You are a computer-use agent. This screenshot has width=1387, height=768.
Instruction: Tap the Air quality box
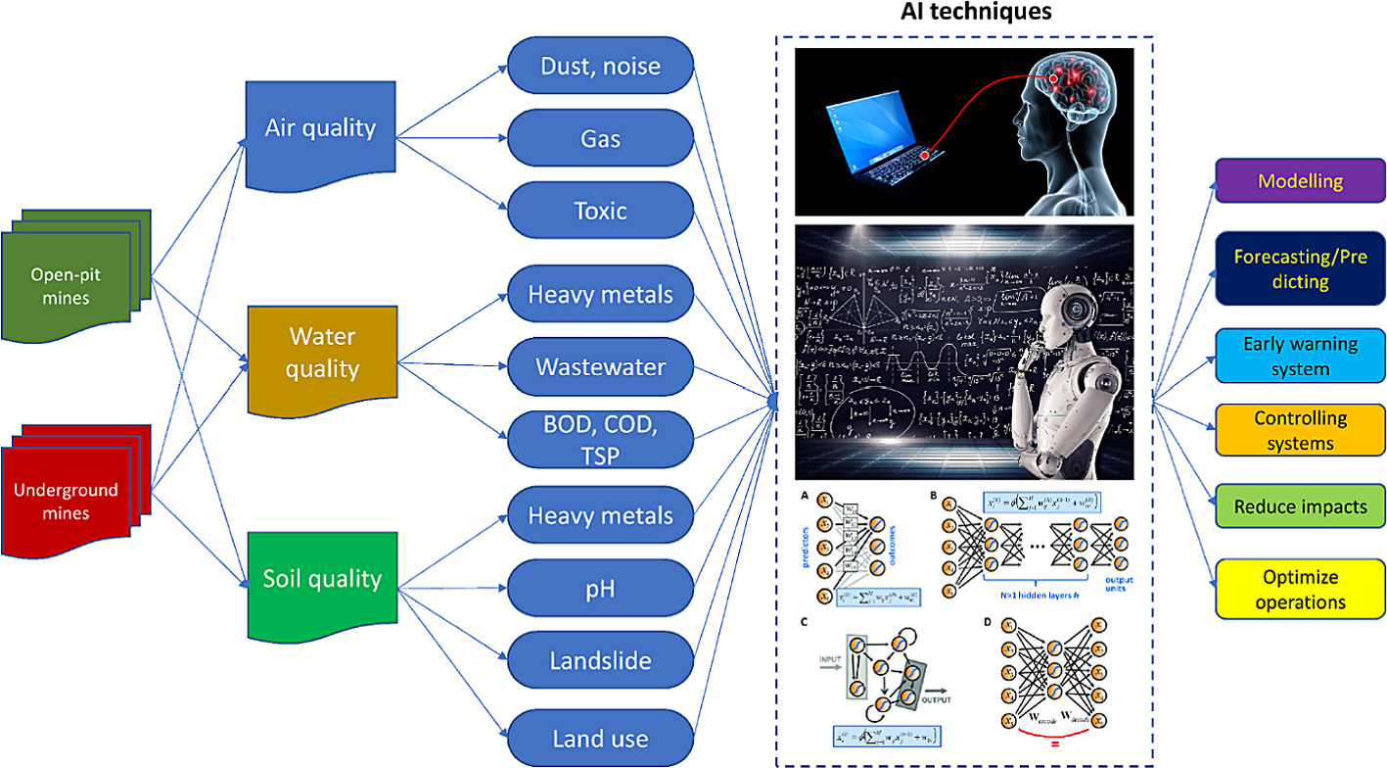point(319,129)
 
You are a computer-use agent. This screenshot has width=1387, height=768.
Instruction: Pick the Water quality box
point(323,353)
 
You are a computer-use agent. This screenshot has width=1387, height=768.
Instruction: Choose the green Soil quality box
point(321,578)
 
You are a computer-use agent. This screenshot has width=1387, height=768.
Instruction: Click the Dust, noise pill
point(601,67)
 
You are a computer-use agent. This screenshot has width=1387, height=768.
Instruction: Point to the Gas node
point(601,139)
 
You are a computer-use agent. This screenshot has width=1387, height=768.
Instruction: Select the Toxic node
point(601,212)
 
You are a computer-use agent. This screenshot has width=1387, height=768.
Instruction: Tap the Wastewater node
point(601,366)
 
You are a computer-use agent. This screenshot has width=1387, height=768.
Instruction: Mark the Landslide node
point(601,661)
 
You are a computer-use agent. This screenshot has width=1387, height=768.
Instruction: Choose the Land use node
point(601,738)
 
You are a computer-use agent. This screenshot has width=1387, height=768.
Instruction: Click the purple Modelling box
point(1300,182)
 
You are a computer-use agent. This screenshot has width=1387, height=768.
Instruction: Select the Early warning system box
point(1300,356)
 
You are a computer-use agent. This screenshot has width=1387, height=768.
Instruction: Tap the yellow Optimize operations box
point(1300,589)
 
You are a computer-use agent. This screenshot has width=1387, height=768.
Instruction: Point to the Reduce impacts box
point(1300,506)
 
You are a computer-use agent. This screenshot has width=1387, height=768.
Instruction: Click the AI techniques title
point(963,14)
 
